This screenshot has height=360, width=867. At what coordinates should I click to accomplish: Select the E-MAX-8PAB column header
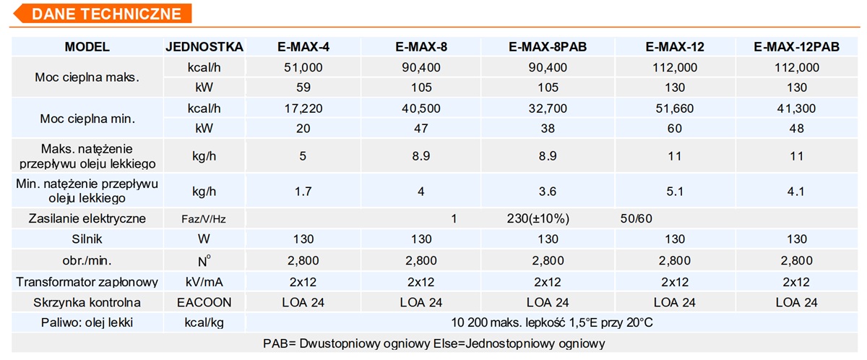(x=548, y=47)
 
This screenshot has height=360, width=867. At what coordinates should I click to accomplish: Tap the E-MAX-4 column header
(x=303, y=47)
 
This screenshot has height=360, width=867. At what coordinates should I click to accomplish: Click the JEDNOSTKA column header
(x=204, y=47)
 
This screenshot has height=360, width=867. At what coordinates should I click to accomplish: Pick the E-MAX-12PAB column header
(x=797, y=47)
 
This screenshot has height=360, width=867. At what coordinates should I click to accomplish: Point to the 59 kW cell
(x=303, y=87)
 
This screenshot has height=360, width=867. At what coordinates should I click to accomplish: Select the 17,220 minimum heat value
(x=303, y=108)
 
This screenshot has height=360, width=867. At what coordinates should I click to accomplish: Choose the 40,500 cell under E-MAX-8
(x=421, y=108)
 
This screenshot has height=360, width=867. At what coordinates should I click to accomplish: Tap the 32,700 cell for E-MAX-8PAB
(x=548, y=108)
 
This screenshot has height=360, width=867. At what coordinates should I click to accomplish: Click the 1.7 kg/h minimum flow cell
(x=303, y=191)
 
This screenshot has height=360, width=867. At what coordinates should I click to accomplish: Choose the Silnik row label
(x=87, y=239)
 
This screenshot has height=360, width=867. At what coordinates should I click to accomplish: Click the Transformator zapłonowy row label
(x=87, y=281)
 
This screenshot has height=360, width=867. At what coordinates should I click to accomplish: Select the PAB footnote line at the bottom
(x=433, y=343)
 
